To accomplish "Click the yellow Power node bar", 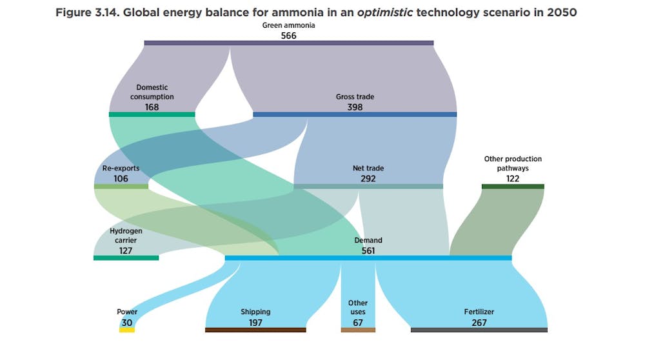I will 127,330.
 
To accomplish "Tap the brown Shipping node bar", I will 255,330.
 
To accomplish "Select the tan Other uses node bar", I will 358,330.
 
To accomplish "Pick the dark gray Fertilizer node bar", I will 479,330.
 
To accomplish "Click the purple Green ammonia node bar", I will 288,43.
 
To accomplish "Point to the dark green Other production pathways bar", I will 513,186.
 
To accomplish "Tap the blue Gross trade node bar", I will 355,114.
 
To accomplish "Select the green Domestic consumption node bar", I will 152,114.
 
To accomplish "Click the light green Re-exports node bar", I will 121,186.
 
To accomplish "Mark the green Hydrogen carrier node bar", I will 126,258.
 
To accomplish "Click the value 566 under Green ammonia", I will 288,35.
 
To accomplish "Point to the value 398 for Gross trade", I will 355,107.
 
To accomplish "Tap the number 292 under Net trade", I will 368,179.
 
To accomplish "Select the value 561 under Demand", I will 368,250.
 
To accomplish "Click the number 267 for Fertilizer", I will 479,322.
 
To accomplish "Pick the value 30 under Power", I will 127,322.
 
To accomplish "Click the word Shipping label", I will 255,312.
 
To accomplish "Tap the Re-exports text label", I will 121,168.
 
